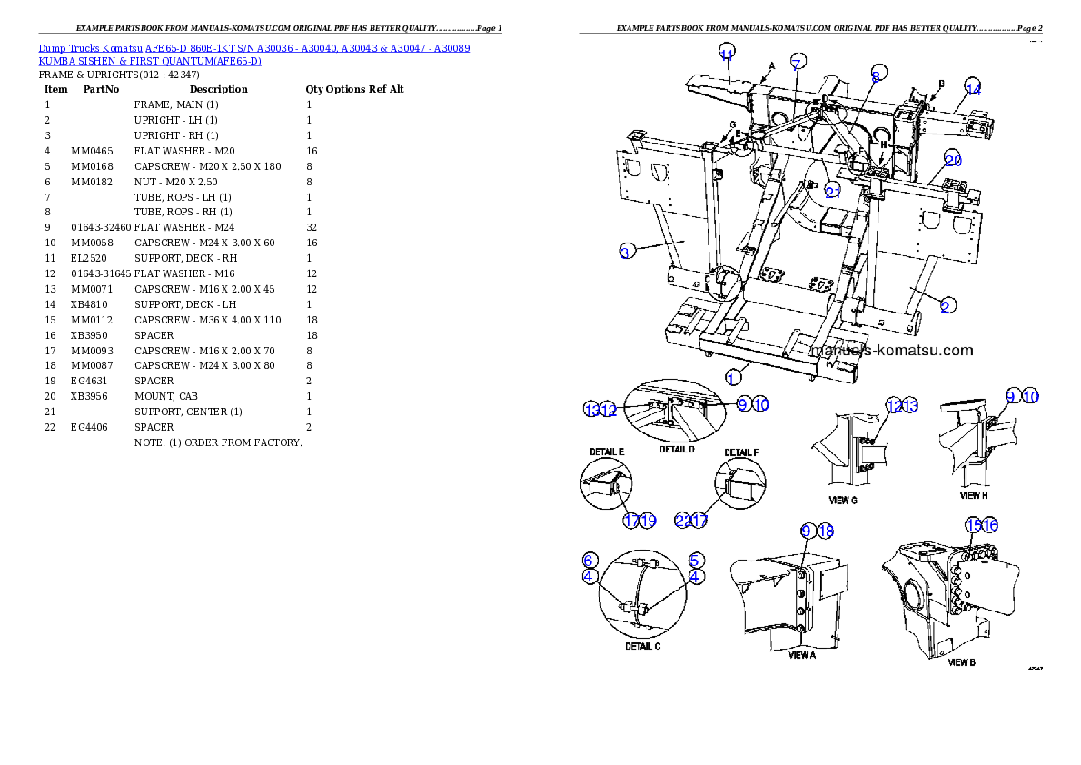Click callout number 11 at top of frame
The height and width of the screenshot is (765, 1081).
[727, 54]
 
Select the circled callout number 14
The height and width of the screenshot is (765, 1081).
[973, 88]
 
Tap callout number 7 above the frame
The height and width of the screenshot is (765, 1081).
[797, 63]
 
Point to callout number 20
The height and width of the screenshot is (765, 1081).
[952, 160]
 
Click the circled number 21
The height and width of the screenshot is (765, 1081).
[834, 190]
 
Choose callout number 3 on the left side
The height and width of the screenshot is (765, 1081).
[626, 252]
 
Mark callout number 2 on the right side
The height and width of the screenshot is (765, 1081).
[946, 306]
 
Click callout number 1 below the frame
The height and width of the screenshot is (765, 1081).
[733, 375]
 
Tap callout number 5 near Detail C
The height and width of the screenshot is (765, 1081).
[695, 560]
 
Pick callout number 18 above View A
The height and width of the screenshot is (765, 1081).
[825, 531]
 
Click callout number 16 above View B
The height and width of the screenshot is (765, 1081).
[990, 525]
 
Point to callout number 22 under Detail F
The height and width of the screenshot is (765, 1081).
[683, 521]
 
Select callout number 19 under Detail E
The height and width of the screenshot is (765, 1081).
[648, 521]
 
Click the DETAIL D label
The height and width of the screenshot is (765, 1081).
[678, 450]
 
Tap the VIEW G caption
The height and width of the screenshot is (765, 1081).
[842, 501]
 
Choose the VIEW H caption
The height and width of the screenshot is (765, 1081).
[976, 496]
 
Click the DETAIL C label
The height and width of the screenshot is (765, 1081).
[642, 646]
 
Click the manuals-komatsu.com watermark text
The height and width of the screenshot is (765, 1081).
[890, 350]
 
